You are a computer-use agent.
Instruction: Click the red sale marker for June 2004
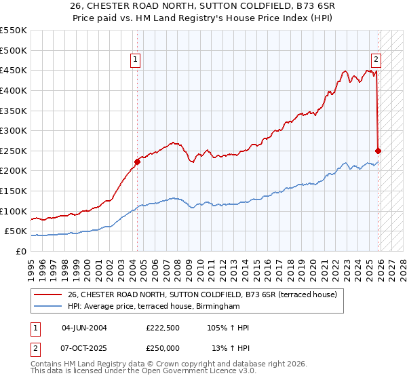137,161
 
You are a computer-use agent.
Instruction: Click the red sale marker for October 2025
378,151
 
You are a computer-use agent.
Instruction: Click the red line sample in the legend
47,294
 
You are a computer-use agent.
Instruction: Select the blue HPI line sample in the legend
47,306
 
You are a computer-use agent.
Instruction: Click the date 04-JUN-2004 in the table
84,328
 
